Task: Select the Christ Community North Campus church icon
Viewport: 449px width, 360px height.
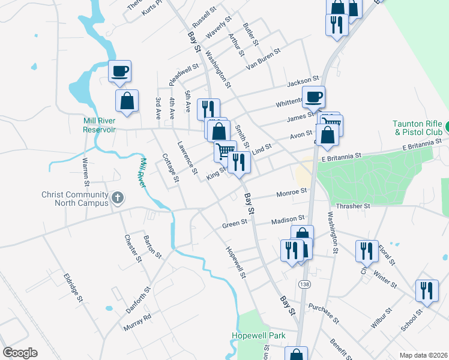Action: coord(118,197)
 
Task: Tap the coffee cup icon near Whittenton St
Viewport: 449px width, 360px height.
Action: coord(313,96)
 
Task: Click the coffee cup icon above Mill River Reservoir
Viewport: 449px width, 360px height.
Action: coord(119,71)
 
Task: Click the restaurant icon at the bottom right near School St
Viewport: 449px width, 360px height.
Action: coord(427,290)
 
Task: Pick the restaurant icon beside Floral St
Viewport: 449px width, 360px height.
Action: coord(366,250)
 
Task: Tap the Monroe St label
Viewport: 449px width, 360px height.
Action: coord(292,193)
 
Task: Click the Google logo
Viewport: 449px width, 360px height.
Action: coord(20,353)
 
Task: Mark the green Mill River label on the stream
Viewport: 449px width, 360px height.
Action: coord(142,173)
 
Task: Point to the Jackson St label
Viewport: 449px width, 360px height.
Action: coord(303,80)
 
